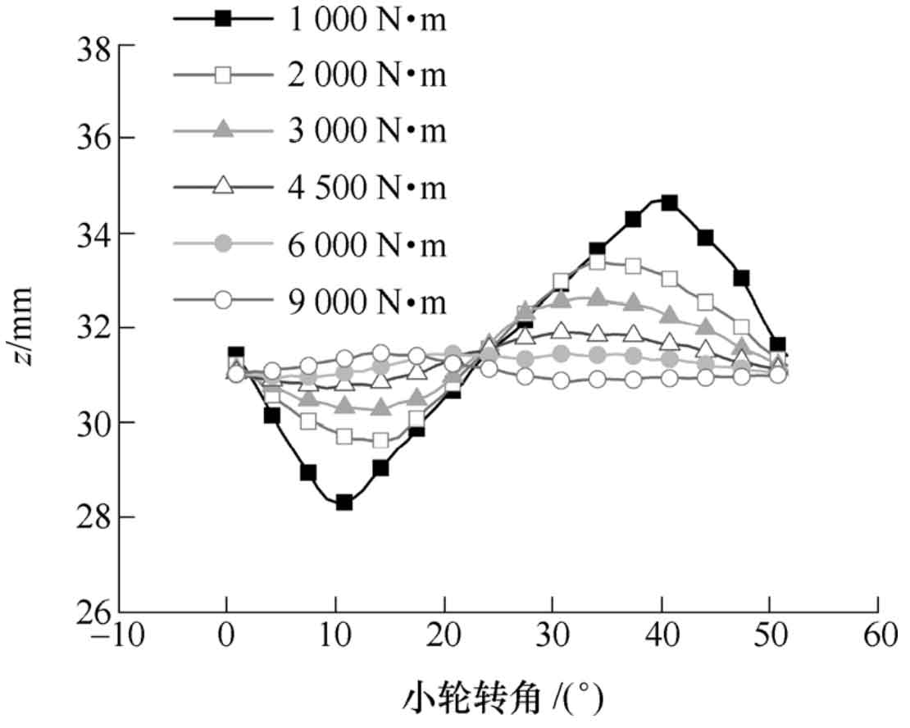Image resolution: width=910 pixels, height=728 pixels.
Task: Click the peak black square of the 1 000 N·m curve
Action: [x=670, y=202]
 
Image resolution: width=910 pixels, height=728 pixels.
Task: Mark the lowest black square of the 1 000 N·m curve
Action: [x=344, y=503]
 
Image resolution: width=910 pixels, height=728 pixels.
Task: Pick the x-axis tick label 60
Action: [x=877, y=637]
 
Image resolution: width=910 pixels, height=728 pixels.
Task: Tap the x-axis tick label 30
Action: [x=552, y=637]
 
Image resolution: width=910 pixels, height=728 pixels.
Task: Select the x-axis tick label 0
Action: [x=226, y=637]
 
